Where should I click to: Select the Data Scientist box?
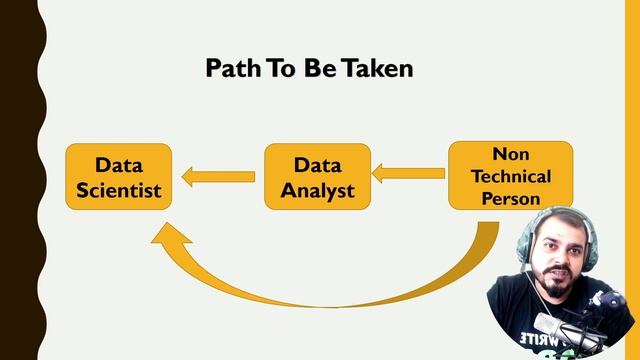coord(118,176)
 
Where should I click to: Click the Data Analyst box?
coord(317,176)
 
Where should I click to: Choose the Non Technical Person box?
coord(510,175)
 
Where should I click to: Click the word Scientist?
coord(118,188)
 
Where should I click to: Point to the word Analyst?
coord(317,188)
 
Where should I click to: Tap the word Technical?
coord(510,176)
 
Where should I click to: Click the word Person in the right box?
coord(510,197)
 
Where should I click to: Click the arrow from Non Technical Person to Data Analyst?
coord(408,174)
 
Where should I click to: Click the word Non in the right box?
coord(510,155)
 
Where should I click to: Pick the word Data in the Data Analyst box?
coord(317,164)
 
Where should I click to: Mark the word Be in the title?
coord(319,68)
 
